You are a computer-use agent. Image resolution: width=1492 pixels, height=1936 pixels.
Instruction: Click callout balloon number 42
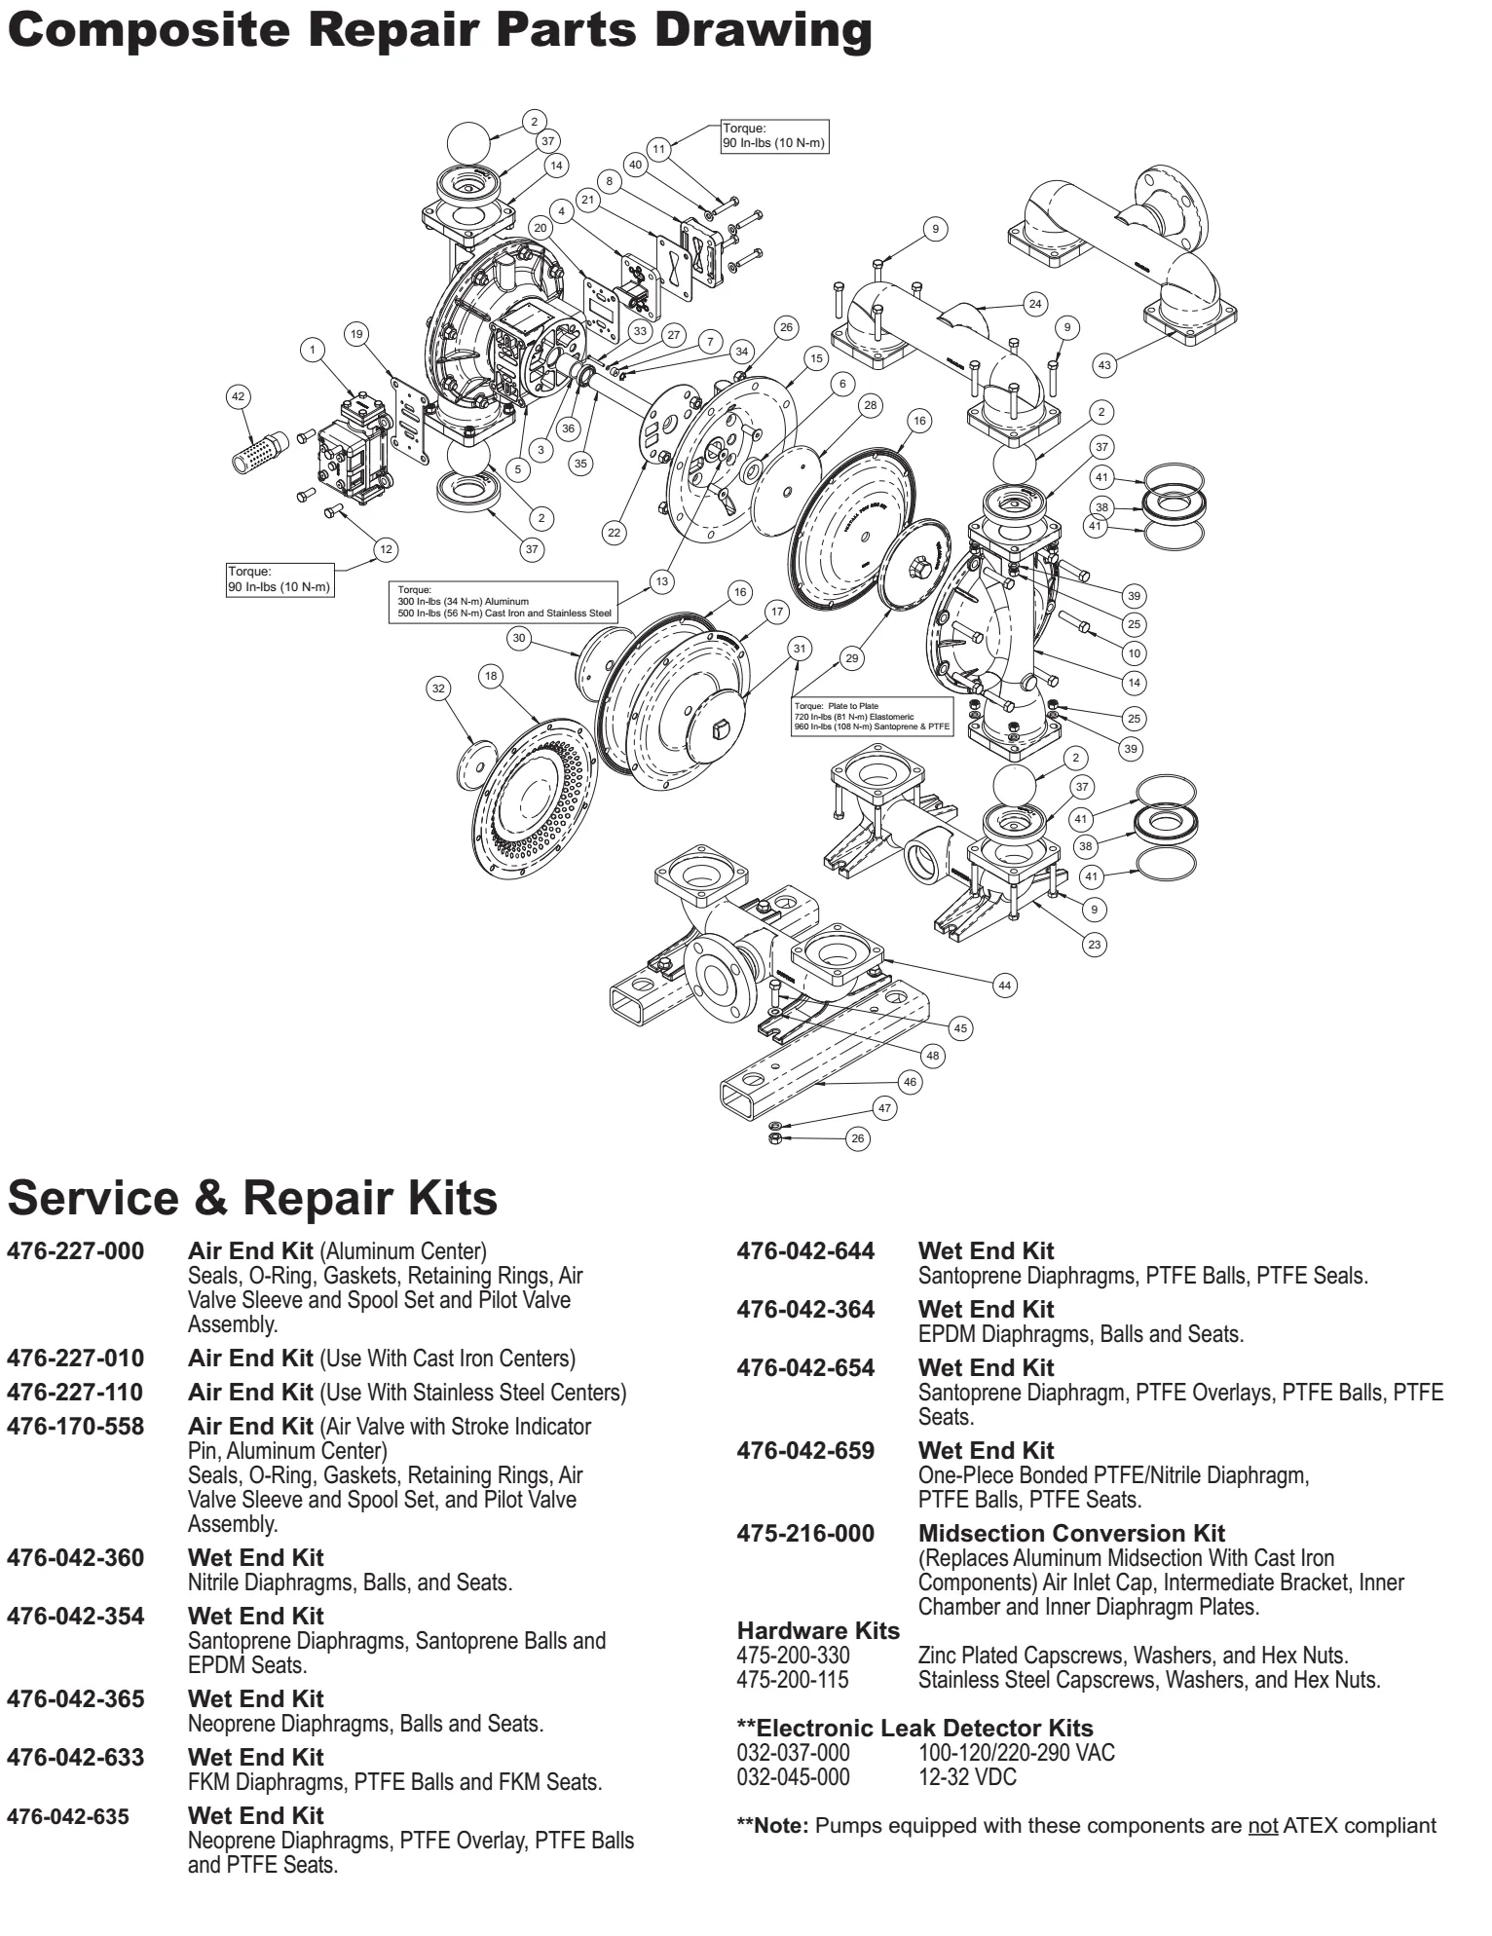coord(238,396)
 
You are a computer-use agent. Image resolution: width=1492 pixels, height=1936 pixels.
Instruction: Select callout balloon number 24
coord(1035,304)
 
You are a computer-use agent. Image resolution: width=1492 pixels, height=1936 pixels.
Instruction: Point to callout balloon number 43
coord(1103,365)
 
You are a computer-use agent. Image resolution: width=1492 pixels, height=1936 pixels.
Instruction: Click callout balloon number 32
coord(438,689)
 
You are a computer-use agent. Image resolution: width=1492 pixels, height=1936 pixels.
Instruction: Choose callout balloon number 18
coord(491,676)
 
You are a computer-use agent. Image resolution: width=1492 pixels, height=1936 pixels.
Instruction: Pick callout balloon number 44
coord(1005,986)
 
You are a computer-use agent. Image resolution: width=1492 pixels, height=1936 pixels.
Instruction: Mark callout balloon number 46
coord(910,1082)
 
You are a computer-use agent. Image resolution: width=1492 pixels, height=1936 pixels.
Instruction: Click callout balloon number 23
coord(1096,944)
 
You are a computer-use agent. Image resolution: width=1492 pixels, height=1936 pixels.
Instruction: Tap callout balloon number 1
coord(313,350)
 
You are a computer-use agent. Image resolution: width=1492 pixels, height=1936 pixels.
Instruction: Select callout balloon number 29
coord(852,658)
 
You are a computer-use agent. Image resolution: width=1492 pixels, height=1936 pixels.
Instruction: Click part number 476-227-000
coord(75,1251)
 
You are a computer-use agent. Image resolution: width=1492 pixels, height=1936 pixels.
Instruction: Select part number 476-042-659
coord(805,1451)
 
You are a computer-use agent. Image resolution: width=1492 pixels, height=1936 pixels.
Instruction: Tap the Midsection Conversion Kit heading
coord(1071,1534)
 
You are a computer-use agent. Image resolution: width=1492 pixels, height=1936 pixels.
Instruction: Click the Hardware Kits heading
coord(818,1631)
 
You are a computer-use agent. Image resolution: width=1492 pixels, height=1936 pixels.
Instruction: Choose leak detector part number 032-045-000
coord(793,1777)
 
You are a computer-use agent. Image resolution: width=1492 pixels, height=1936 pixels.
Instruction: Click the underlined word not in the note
coord(1262,1826)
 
